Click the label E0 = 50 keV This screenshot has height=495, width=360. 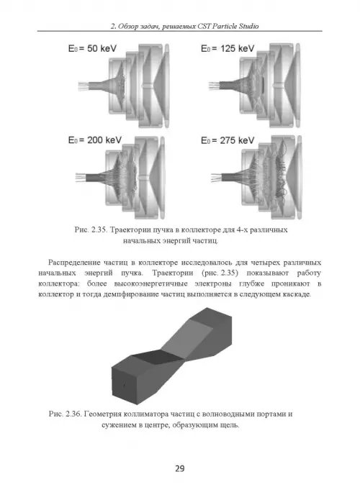coord(92,49)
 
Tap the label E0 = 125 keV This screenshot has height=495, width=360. coord(228,49)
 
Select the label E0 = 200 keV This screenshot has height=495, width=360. coord(95,140)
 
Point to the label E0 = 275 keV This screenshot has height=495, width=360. coord(228,140)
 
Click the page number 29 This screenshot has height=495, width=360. coord(180,468)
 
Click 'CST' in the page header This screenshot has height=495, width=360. coord(204,26)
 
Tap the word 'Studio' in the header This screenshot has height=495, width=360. coord(248,26)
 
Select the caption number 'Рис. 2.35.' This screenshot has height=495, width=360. coord(91,230)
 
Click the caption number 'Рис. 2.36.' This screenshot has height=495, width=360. coord(66,414)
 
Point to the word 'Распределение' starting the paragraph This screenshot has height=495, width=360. coord(74,263)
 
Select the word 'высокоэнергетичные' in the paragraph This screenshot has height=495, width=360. coord(150,283)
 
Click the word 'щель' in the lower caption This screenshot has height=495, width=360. coord(231,425)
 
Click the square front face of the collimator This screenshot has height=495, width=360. coord(125,386)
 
